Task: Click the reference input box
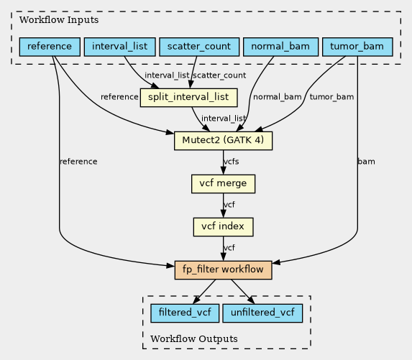(x=50, y=47)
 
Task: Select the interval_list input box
(x=120, y=47)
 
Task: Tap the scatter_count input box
(x=199, y=47)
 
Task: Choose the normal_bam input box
(x=280, y=47)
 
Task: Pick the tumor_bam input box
(x=357, y=47)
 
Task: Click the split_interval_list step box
(x=188, y=98)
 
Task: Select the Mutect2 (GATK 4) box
(x=223, y=141)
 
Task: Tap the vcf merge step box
(x=223, y=184)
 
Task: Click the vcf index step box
(x=223, y=227)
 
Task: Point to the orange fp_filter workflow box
(x=223, y=270)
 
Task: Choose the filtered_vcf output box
(x=185, y=313)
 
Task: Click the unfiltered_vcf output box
(x=262, y=313)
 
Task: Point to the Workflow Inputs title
(x=59, y=20)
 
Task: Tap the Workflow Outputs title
(x=194, y=339)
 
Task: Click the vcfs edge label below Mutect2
(x=232, y=162)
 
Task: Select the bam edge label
(x=366, y=162)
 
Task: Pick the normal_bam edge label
(x=278, y=97)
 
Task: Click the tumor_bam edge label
(x=331, y=97)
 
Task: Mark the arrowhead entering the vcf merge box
(x=223, y=171)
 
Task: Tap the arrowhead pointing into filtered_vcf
(x=196, y=300)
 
